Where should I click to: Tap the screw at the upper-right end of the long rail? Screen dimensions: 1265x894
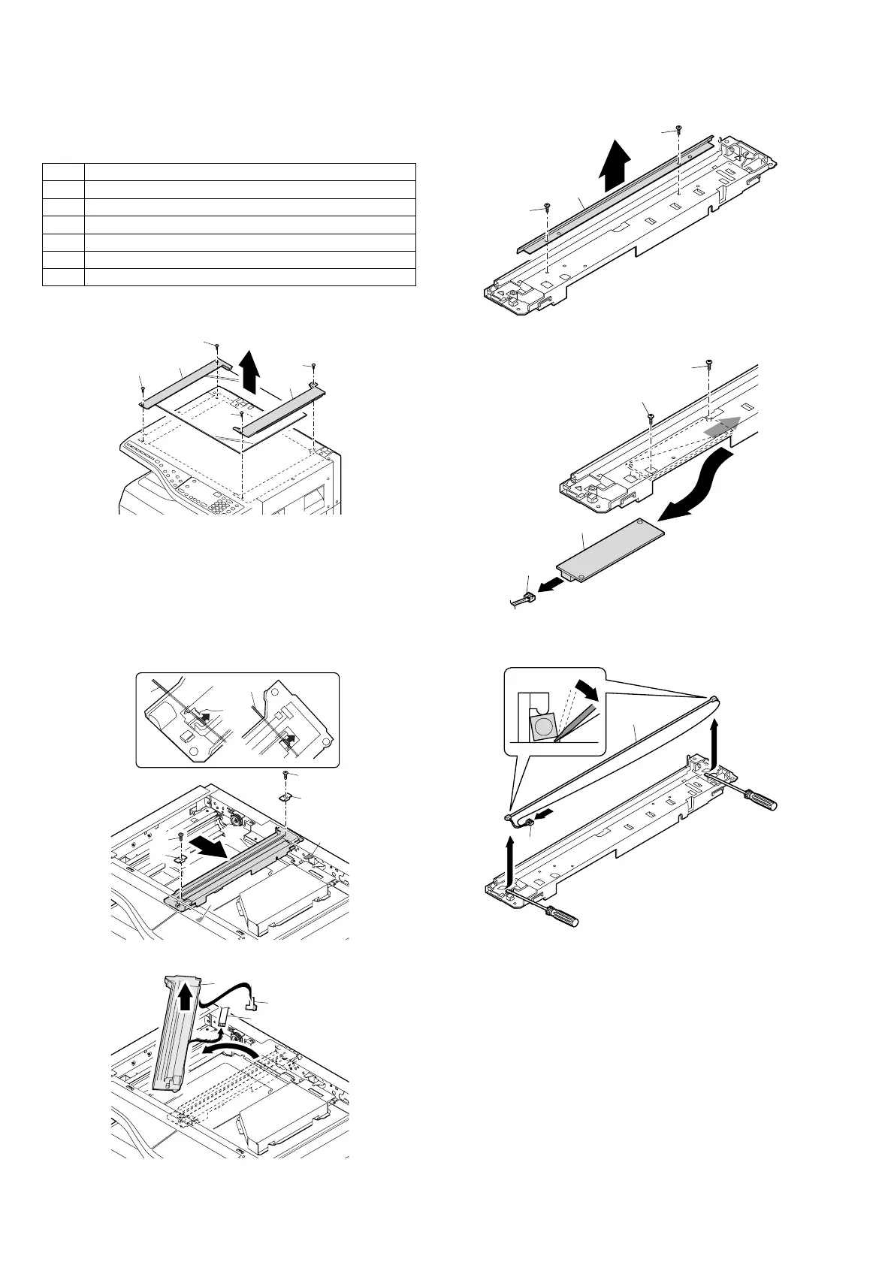[x=678, y=129]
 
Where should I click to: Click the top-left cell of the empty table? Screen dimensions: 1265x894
[x=63, y=171]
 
